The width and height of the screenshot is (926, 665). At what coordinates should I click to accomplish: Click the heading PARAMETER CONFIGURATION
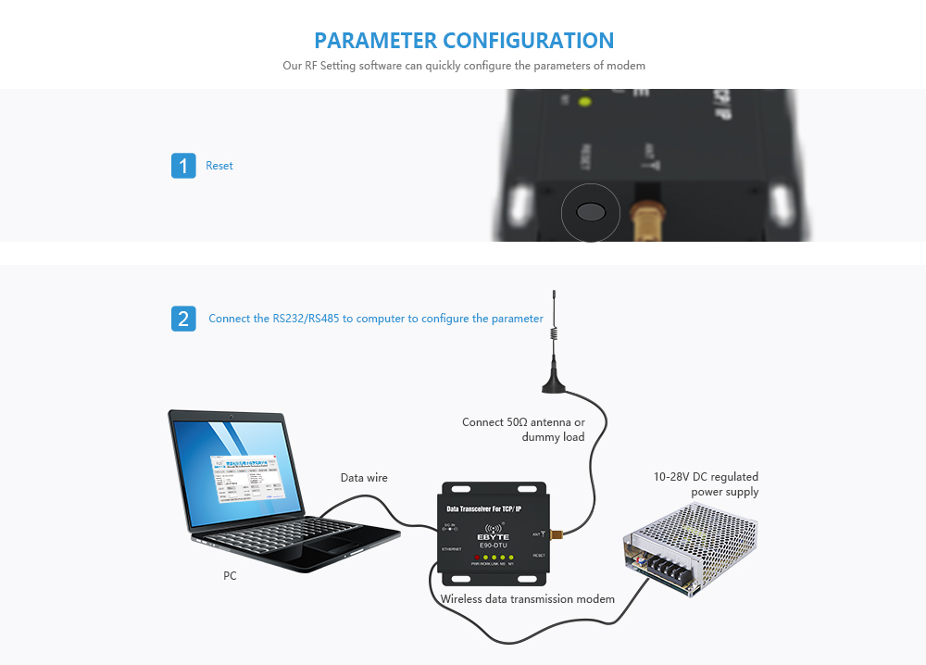coord(463,41)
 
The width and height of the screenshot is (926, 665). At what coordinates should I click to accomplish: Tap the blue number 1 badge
coord(183,166)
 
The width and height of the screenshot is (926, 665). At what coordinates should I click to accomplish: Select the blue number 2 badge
coord(183,319)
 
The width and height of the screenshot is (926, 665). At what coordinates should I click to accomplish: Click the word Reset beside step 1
coord(219,166)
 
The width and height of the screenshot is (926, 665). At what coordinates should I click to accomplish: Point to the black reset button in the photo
coord(591,212)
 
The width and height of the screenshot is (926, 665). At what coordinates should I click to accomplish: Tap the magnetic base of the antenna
coord(554,379)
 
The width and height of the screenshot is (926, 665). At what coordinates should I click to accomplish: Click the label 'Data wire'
coord(364,478)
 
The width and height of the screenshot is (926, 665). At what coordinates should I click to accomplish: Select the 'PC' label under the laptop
coord(230,576)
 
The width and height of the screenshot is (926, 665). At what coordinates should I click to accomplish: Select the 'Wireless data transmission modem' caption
coord(527,599)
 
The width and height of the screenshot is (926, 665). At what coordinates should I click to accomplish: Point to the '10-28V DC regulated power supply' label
coord(707,484)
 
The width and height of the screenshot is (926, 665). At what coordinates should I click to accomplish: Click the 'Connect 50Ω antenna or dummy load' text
coord(524,429)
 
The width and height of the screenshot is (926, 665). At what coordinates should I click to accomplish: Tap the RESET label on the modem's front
coord(538,556)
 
